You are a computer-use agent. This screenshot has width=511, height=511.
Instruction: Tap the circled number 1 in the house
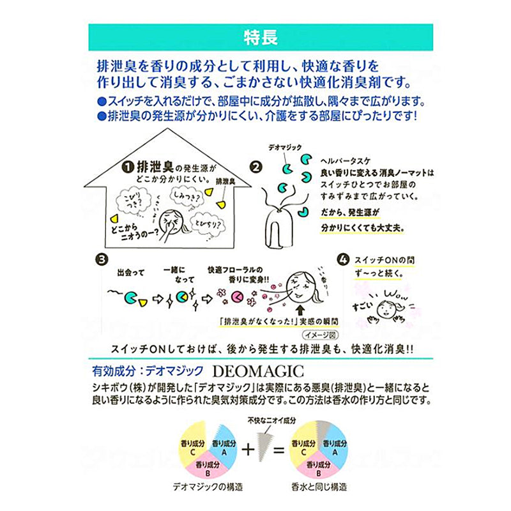128,167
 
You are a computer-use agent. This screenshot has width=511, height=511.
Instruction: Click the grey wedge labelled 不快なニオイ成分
262,441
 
